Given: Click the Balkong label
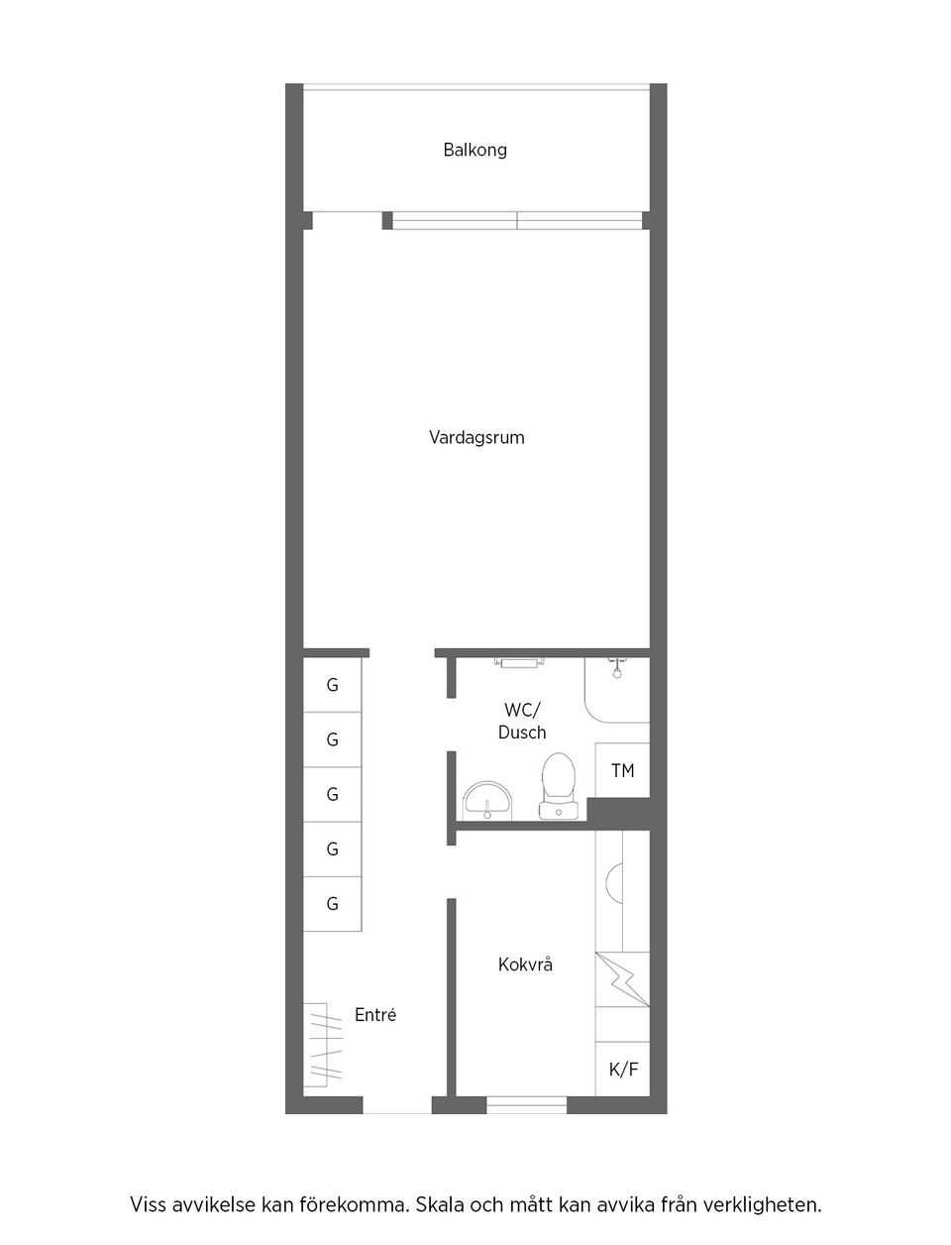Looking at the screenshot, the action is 475,151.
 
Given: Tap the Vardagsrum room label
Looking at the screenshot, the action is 476,438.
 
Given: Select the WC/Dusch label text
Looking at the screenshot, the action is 522,721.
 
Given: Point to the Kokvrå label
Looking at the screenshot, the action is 525,964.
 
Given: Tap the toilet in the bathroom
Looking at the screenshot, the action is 559,786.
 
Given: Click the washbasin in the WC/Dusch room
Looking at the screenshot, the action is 487,800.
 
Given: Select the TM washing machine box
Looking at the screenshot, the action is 622,769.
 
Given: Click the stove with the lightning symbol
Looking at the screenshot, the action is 622,979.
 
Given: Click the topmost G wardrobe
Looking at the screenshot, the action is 333,685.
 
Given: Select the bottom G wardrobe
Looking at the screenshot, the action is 333,904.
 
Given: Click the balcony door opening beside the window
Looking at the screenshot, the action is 348,221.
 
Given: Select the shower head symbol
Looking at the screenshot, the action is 616,668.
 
